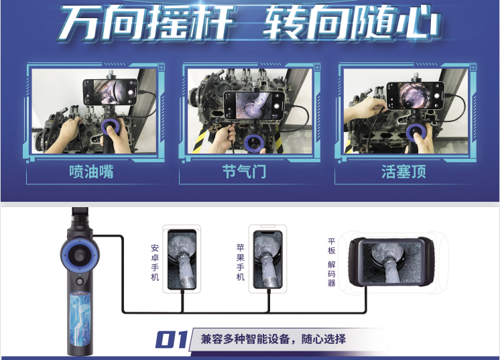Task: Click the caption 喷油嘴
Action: coord(91,172)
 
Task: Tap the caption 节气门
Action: coord(244,172)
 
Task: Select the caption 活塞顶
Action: coord(403,172)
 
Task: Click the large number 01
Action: coord(172,339)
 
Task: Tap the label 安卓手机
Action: coord(155,262)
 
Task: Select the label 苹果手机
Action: coord(241,262)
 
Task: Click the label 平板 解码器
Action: coord(331,262)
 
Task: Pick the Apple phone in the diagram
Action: coord(268,259)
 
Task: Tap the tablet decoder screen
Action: coord(392,262)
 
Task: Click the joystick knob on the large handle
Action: coord(80,254)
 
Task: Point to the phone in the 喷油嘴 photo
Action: coord(111,92)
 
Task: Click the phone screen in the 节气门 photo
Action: coord(254,105)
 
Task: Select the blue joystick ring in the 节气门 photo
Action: coord(254,143)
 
